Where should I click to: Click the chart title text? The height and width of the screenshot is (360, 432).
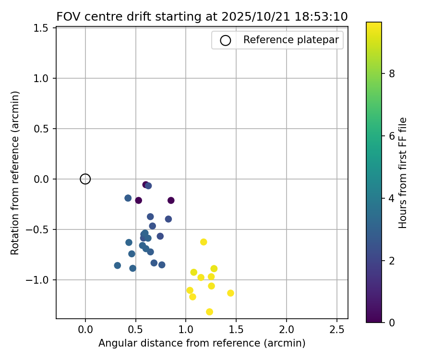coord(202,17)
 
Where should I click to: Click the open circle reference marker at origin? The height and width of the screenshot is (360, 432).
coord(85,179)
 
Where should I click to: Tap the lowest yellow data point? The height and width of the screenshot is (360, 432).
coord(209,312)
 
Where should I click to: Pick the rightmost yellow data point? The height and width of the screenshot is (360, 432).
coord(230,293)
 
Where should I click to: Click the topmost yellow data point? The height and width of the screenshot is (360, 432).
coord(204,242)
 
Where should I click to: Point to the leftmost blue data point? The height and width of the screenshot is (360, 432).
coord(118,265)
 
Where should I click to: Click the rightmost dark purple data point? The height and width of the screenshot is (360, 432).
coord(171,201)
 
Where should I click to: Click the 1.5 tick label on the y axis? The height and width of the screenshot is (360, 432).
coord(42,28)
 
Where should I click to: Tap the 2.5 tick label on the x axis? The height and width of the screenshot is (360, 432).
coord(337,330)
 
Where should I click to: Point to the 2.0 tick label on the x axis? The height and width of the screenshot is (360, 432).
coord(287,330)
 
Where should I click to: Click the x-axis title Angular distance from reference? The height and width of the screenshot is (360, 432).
coord(202,344)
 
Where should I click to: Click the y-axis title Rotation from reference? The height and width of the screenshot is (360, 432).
coord(15,173)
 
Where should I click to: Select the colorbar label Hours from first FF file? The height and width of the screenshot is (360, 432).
coord(403,173)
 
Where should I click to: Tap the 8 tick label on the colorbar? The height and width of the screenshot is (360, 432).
coord(392,73)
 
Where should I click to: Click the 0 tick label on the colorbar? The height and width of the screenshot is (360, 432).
coord(392,323)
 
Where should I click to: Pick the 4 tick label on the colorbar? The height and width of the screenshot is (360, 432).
coord(392,198)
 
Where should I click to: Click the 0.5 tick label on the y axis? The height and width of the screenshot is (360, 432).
coord(42,129)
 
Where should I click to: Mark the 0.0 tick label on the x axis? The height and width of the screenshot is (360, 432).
coord(85,330)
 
